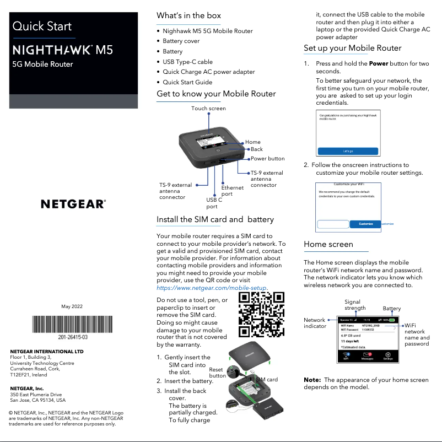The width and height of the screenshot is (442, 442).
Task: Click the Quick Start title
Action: click(x=42, y=26)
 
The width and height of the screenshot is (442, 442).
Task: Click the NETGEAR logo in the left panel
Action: click(x=73, y=204)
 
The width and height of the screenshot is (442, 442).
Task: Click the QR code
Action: click(x=261, y=315)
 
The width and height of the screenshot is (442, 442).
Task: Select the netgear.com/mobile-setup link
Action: click(x=212, y=288)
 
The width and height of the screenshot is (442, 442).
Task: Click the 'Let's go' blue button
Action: click(x=348, y=151)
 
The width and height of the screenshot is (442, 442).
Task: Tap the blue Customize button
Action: click(x=365, y=224)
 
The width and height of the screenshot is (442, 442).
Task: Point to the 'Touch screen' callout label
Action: click(x=208, y=109)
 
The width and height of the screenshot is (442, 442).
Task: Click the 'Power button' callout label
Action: click(x=268, y=159)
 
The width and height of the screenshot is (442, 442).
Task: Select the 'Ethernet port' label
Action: click(x=232, y=191)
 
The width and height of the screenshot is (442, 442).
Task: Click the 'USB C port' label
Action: click(x=214, y=203)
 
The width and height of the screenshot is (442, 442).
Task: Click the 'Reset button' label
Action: click(x=217, y=373)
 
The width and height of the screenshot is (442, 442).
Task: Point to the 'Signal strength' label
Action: click(x=355, y=305)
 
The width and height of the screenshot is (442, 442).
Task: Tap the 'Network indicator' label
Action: click(x=315, y=323)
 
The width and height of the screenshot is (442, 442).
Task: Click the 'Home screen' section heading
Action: click(x=328, y=244)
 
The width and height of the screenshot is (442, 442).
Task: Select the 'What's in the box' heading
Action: click(x=188, y=15)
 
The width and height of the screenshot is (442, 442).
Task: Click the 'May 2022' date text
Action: click(x=72, y=306)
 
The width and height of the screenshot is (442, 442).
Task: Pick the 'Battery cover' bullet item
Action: click(x=181, y=41)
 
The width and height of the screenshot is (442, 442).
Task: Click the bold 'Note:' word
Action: click(x=312, y=380)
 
